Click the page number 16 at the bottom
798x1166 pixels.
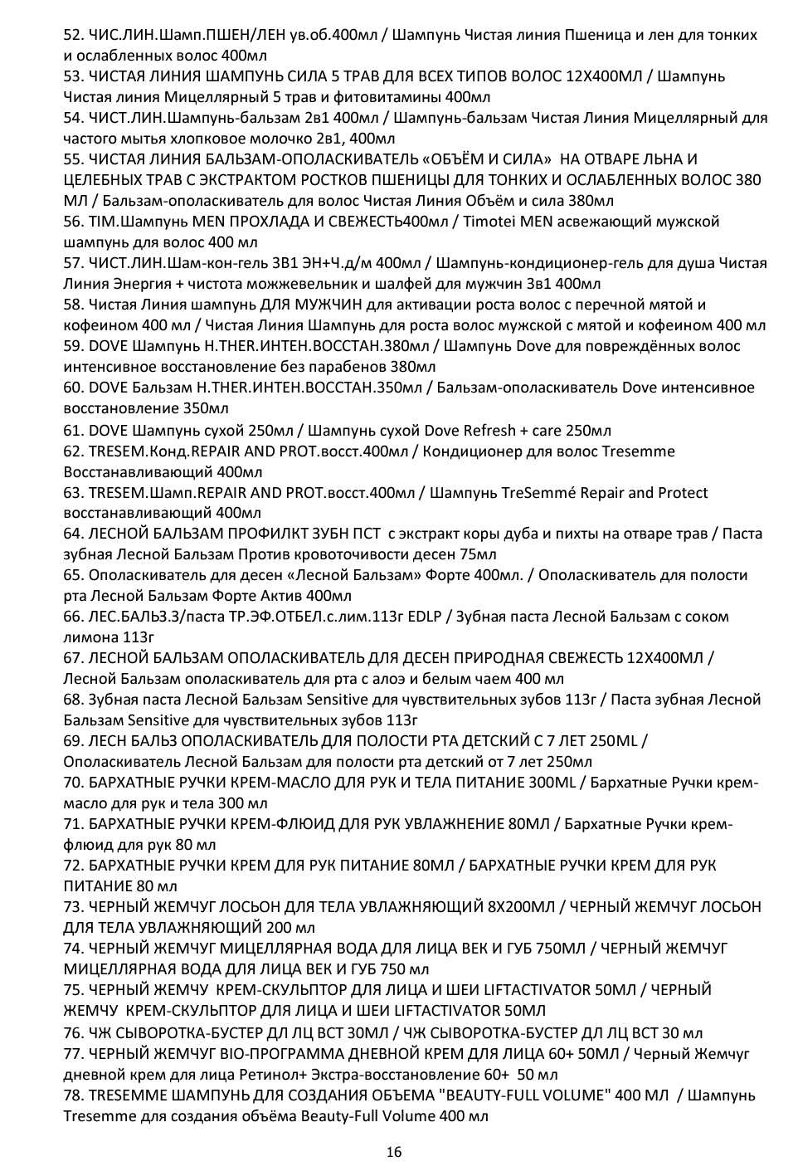394,1151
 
